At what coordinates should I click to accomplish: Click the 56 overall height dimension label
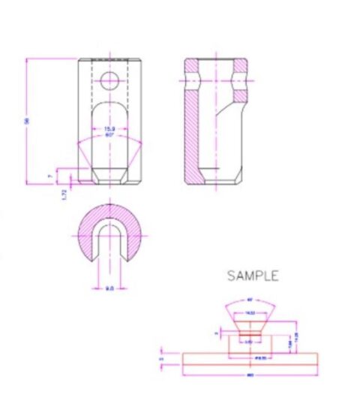point(28,120)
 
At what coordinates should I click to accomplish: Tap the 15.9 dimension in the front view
point(109,130)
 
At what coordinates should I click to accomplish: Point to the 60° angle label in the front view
point(109,135)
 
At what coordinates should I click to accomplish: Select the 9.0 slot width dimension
point(109,288)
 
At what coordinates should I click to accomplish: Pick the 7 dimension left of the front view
point(51,175)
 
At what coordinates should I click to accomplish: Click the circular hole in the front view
point(109,80)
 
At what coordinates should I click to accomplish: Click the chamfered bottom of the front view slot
point(109,173)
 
